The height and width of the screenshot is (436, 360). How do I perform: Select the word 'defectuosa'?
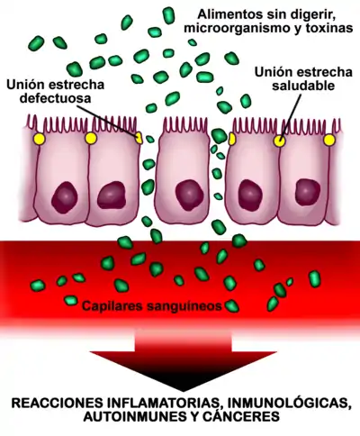click(55, 98)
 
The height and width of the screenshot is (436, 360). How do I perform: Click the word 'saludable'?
click(303, 86)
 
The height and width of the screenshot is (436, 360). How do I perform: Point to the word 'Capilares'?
click(112, 306)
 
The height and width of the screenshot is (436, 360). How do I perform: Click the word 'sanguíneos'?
click(184, 306)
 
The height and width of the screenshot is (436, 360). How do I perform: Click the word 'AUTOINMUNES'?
click(125, 417)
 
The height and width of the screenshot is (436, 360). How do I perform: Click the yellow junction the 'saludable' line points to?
click(279, 141)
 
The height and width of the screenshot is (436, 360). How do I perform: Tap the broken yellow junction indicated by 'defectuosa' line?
click(139, 138)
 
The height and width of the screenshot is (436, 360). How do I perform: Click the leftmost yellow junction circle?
click(40, 139)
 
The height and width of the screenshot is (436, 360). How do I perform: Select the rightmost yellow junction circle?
click(329, 141)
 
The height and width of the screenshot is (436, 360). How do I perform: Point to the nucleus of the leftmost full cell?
click(65, 197)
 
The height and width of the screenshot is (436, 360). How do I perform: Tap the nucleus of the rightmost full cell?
click(308, 192)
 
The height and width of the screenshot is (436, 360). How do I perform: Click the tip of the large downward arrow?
click(183, 391)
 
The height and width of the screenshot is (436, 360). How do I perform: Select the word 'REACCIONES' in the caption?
click(56, 403)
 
